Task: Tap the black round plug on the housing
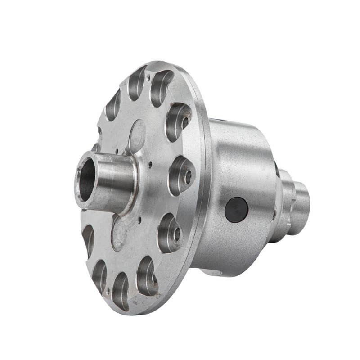pos(236,210)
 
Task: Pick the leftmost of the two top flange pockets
pos(137,83)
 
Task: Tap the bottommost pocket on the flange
pos(121,291)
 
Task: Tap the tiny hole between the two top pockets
pos(148,77)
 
